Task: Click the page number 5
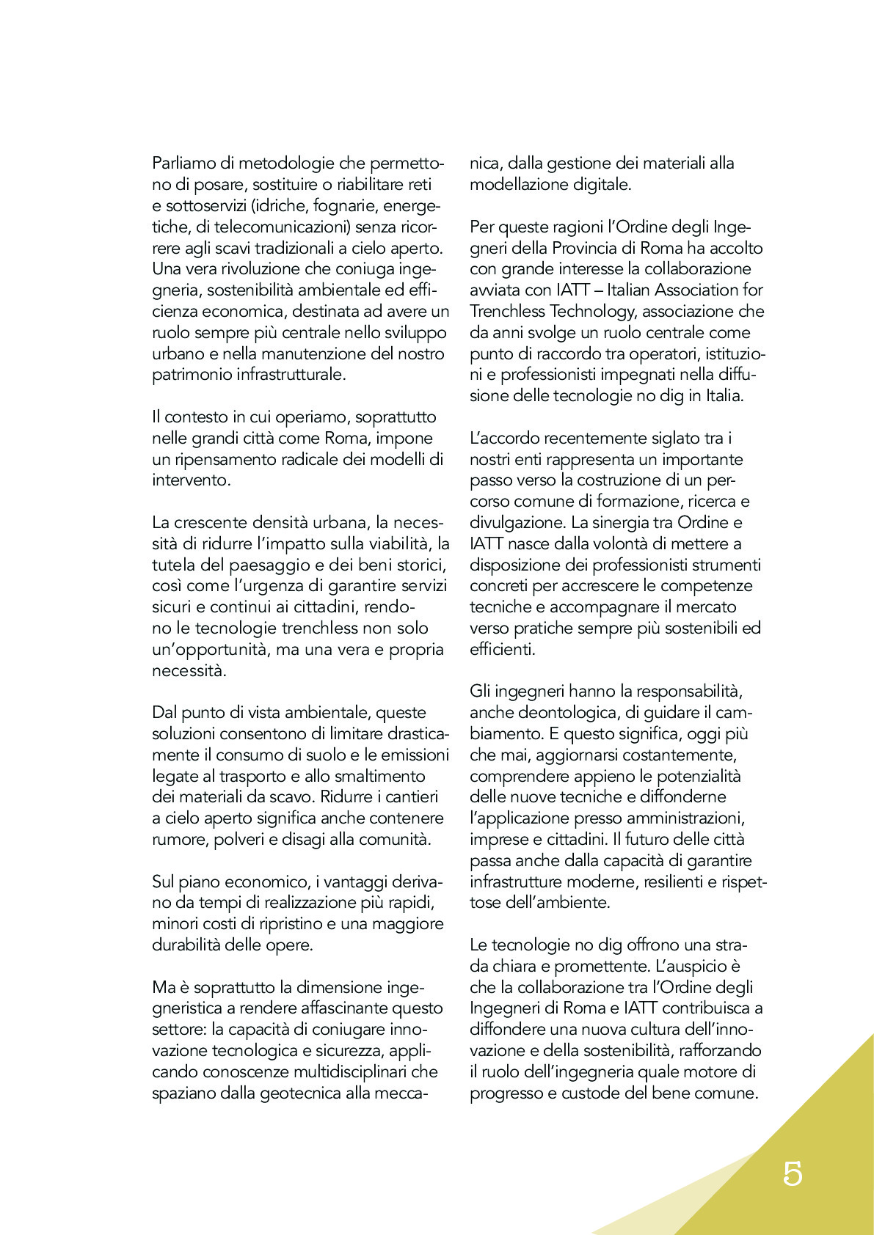[793, 1173]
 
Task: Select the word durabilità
[186, 945]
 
